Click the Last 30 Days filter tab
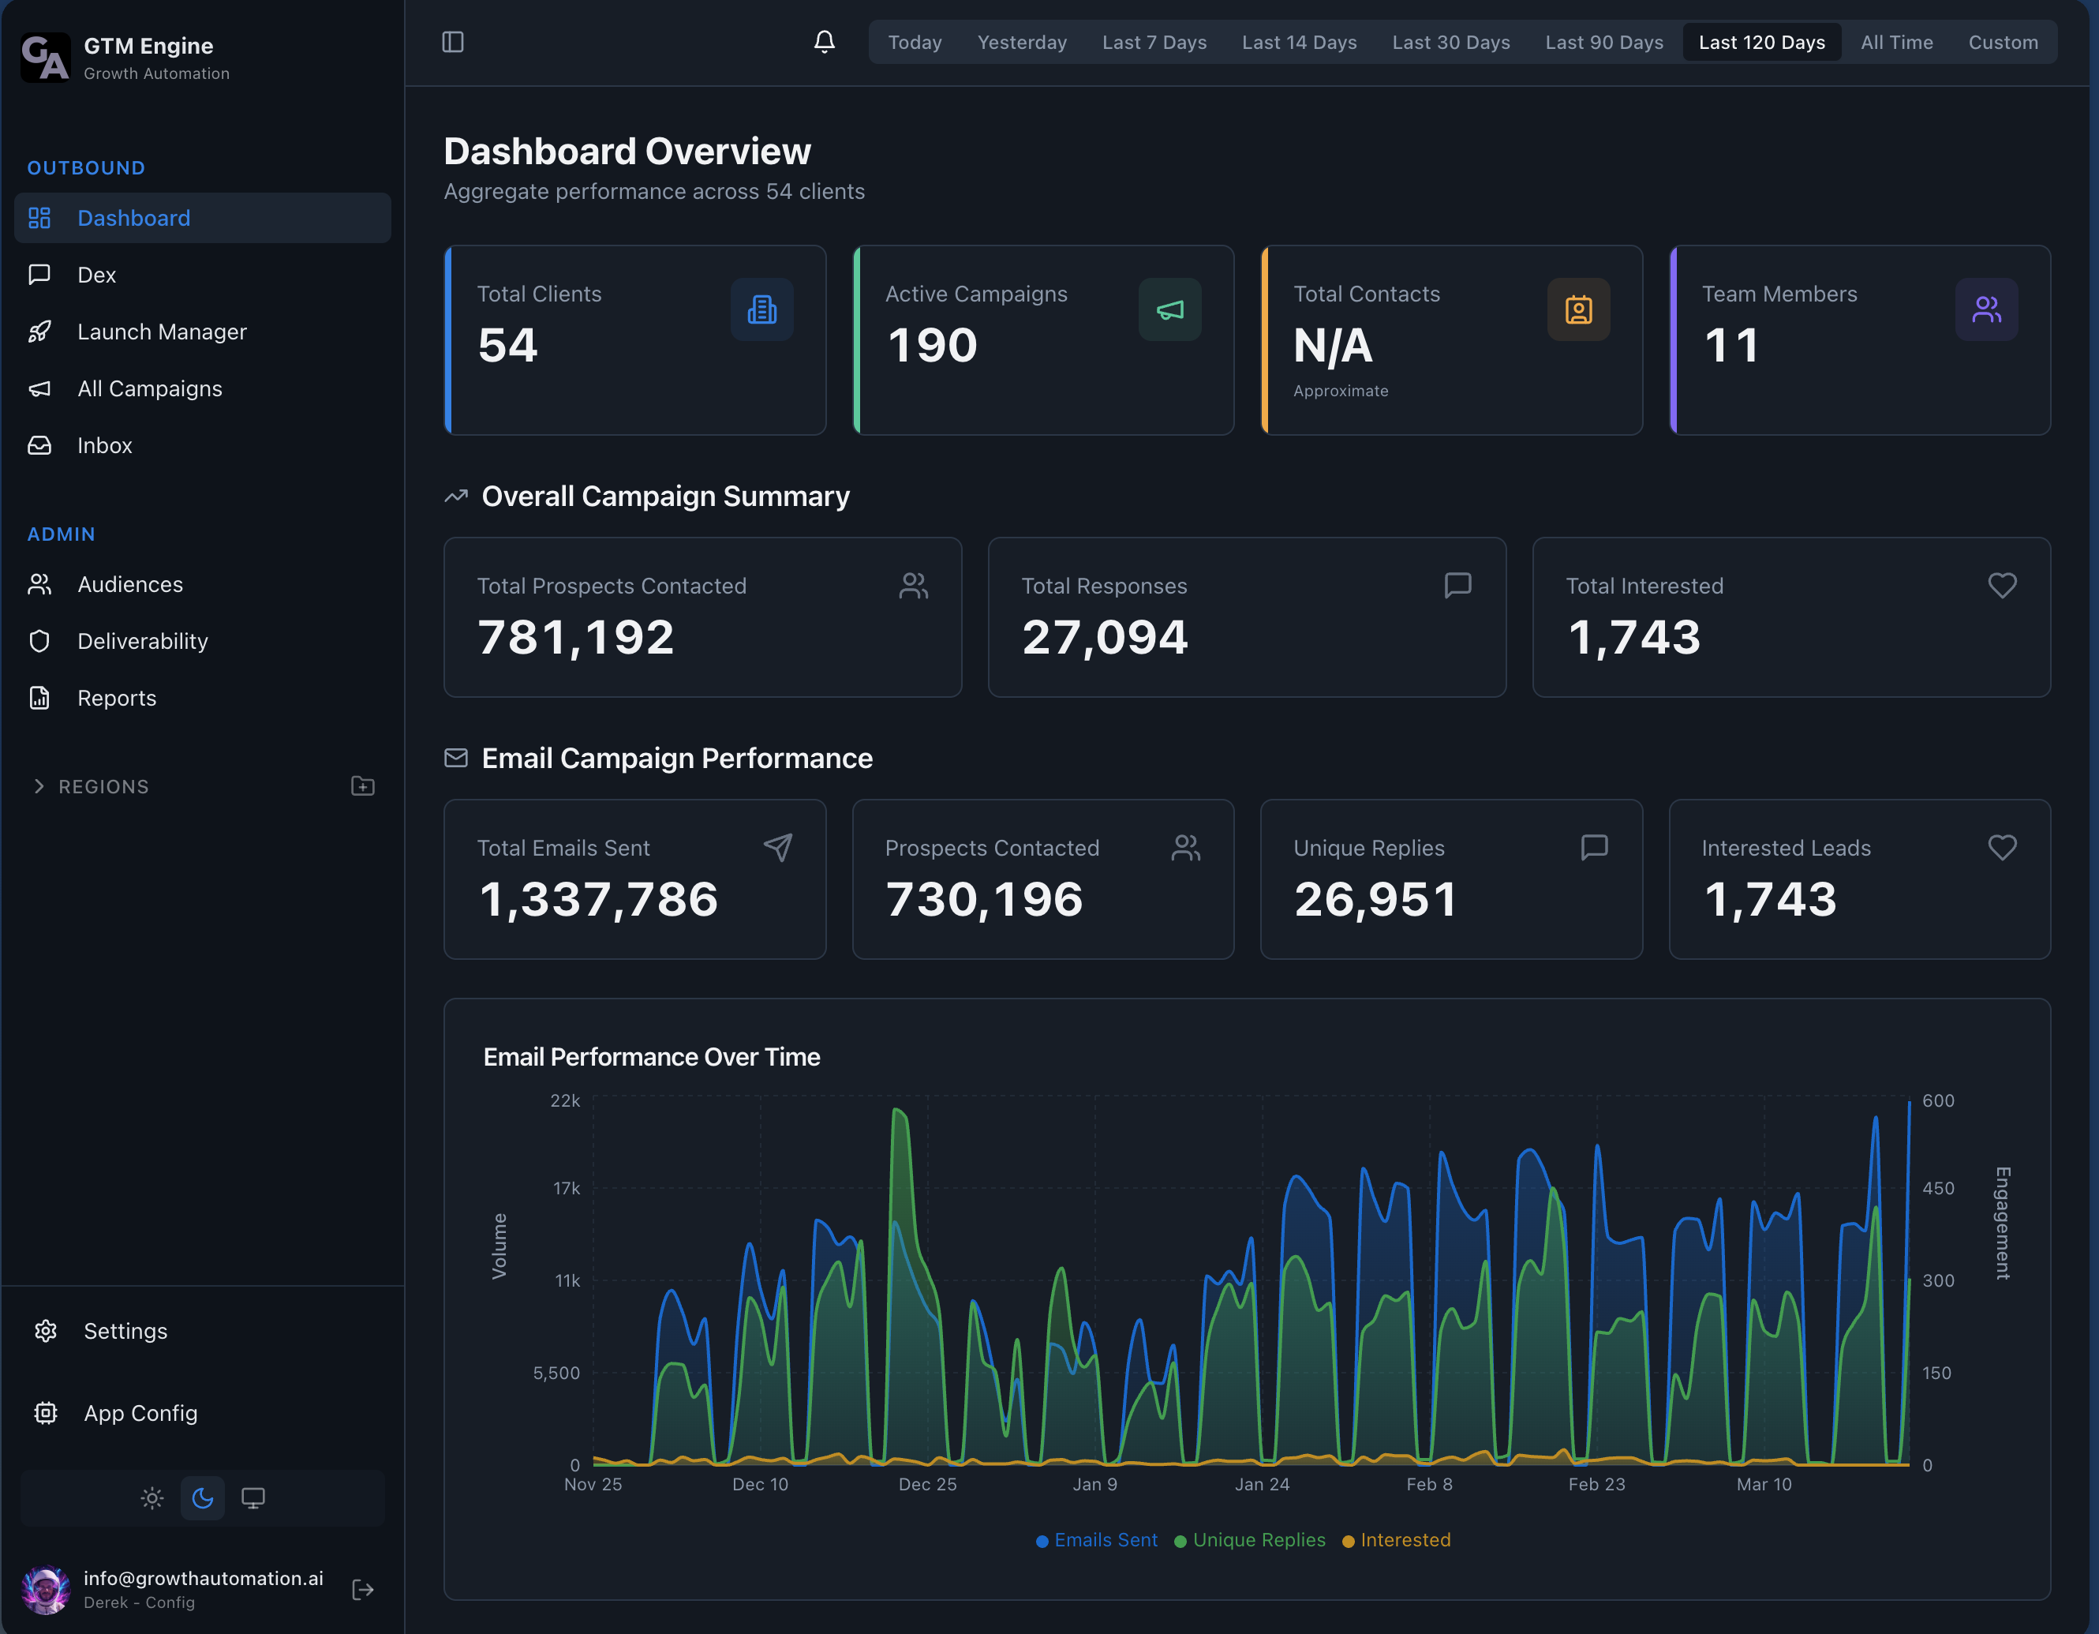(x=1450, y=43)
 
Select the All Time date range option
(x=1895, y=43)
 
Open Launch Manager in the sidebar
(x=162, y=332)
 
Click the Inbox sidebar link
(x=104, y=445)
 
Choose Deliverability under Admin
(x=142, y=641)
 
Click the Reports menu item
(x=116, y=698)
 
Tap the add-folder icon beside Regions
(x=362, y=786)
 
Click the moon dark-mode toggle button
(x=202, y=1497)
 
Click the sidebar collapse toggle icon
(x=453, y=43)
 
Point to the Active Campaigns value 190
(x=931, y=345)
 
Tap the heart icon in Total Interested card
(x=2002, y=586)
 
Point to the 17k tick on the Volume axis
(x=566, y=1188)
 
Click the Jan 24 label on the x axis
(x=1262, y=1484)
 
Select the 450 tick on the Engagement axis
(x=1937, y=1188)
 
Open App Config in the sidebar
(x=140, y=1413)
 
